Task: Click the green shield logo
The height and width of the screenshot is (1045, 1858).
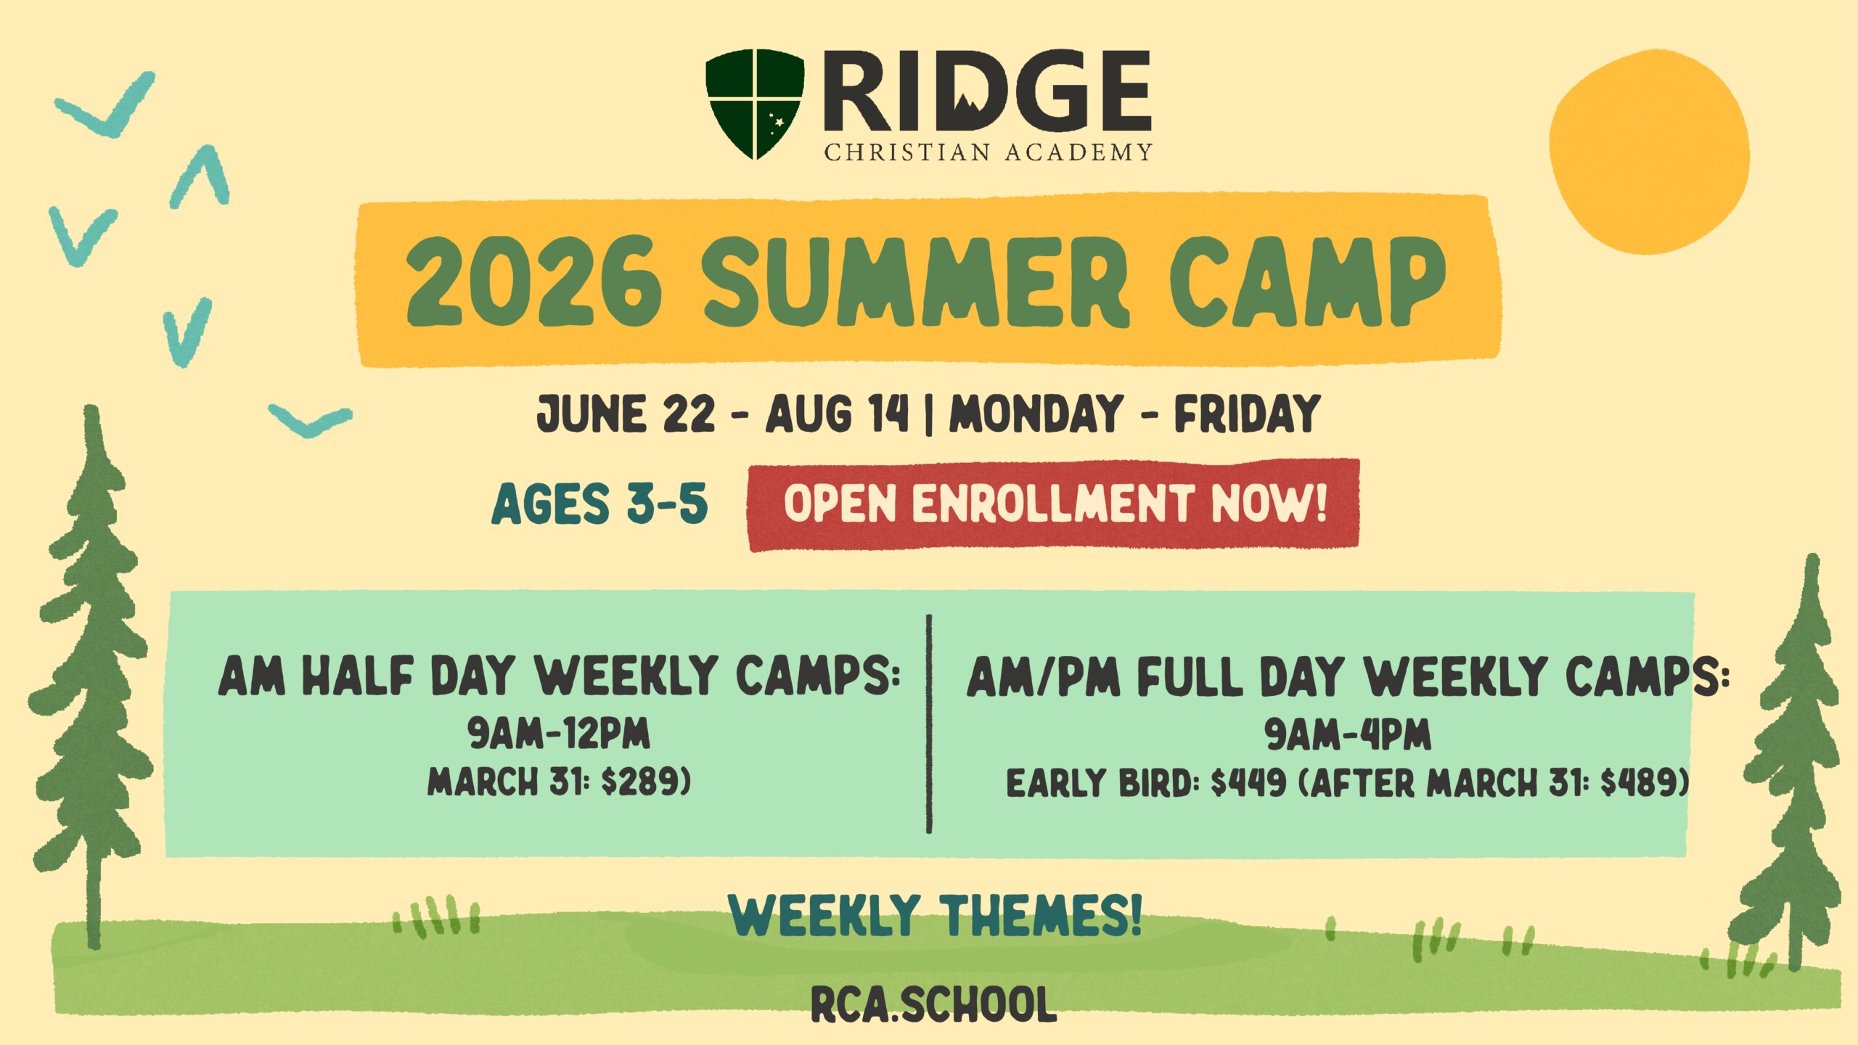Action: tap(755, 104)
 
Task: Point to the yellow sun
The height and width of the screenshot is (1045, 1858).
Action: tap(1649, 152)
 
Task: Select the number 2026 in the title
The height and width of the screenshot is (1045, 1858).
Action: tap(534, 282)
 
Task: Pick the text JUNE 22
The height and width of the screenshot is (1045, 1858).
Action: tap(626, 414)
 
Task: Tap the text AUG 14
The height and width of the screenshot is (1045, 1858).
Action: tap(838, 414)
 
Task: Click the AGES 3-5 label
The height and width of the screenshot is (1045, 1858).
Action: tap(599, 504)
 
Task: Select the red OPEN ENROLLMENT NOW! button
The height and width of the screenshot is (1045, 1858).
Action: tap(1053, 504)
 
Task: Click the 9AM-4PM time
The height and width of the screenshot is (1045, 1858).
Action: tap(1348, 734)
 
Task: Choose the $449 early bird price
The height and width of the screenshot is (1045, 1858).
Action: tap(1249, 784)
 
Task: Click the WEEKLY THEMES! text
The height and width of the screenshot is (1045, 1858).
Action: tap(936, 915)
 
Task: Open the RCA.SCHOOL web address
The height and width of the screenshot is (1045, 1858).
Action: tap(933, 1004)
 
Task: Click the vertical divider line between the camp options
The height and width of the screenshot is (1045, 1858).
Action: tap(929, 724)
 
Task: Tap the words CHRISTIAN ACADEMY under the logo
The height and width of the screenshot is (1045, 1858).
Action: tap(988, 152)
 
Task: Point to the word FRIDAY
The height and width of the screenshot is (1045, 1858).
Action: tap(1247, 414)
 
